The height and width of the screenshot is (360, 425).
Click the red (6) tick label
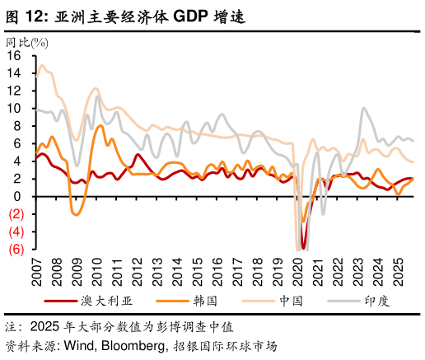coord(14,249)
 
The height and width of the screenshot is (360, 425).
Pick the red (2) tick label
coord(14,213)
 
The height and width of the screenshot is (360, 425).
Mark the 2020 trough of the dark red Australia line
coord(304,247)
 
